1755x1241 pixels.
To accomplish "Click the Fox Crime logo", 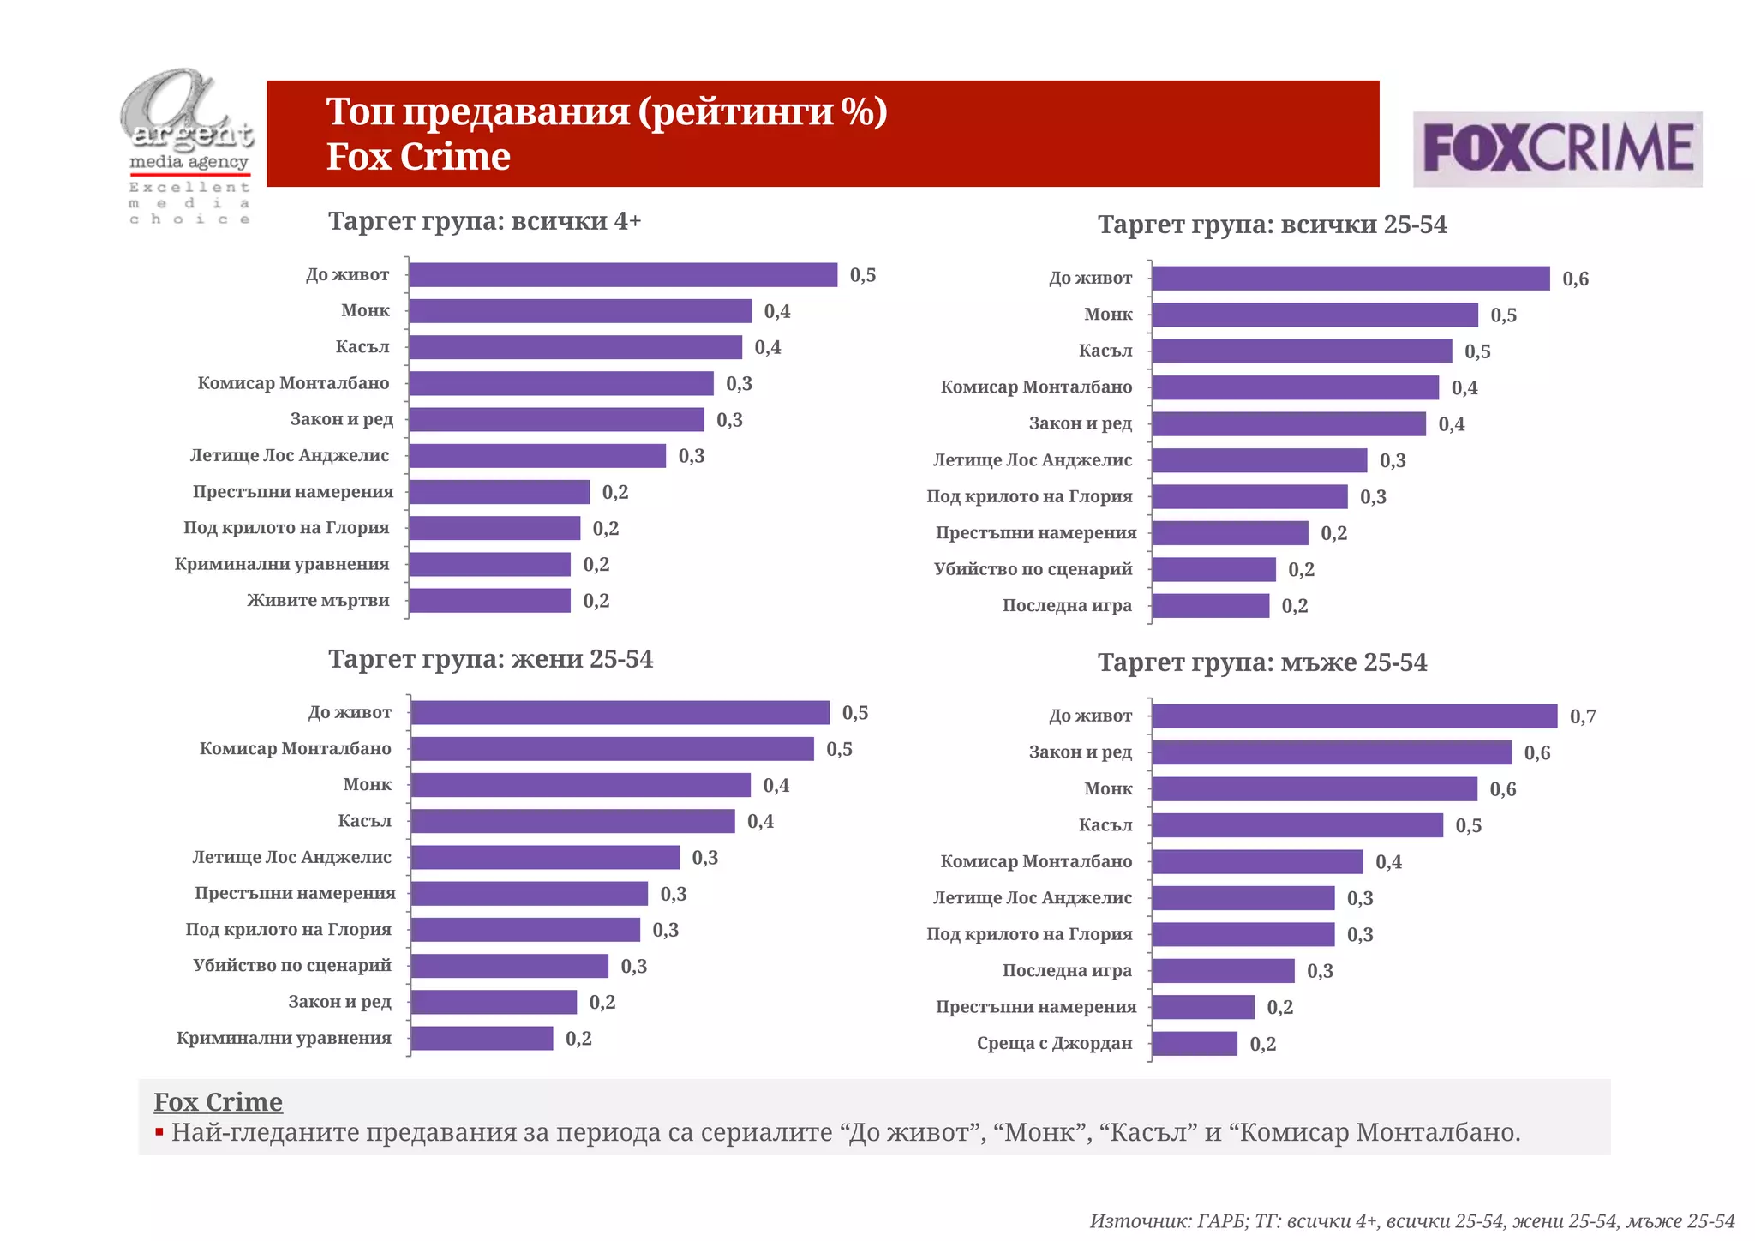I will point(1557,149).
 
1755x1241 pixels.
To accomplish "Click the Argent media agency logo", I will point(189,146).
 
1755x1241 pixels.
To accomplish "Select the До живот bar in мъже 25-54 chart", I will point(1354,716).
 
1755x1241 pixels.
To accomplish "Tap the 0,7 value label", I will point(1583,716).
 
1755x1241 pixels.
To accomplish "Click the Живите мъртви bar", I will point(489,601).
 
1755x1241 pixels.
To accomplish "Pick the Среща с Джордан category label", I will point(1054,1044).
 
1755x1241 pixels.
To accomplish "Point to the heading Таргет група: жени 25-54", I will point(490,659).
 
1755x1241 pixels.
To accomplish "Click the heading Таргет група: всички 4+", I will point(484,221).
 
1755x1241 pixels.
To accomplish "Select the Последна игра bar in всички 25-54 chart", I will point(1210,606).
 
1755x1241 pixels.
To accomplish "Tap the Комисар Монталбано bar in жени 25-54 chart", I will point(612,749).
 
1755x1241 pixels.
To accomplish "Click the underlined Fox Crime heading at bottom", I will point(218,1102).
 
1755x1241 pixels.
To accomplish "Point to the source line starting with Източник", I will point(1411,1221).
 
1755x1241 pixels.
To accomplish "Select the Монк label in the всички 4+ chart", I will point(365,310).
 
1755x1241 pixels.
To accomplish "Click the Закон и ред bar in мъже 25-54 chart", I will point(1331,753).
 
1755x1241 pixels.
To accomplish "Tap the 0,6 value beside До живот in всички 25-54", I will point(1575,279).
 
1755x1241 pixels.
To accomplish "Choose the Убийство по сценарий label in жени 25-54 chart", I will point(291,966).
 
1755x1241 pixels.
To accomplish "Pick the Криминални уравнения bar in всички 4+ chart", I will point(489,565).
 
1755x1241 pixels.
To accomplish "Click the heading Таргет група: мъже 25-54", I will point(1262,662).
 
